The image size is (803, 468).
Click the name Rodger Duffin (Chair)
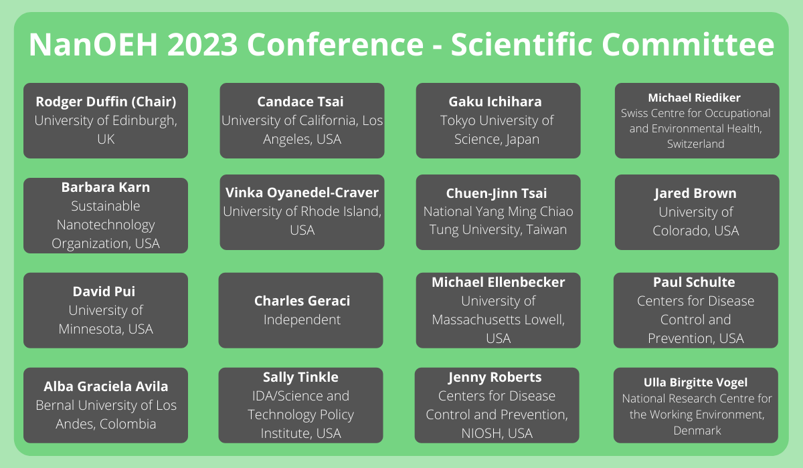[106, 102]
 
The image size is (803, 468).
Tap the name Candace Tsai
[300, 102]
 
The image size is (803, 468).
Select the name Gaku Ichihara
[495, 102]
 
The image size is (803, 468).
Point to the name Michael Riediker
[694, 98]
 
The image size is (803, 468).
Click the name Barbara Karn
[106, 187]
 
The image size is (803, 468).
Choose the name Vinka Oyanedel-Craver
[302, 193]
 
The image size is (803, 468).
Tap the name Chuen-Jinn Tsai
[496, 193]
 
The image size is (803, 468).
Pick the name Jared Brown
[695, 193]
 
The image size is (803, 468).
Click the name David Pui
[104, 291]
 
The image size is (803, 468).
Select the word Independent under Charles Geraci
[302, 320]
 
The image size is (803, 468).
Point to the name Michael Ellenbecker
[498, 282]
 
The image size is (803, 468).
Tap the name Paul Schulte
[694, 282]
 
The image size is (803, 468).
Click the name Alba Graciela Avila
[106, 386]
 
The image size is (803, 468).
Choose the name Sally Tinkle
[300, 377]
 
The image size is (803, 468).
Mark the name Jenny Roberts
[495, 377]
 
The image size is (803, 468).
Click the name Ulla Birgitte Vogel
[695, 383]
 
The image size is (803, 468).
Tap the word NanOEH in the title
[93, 44]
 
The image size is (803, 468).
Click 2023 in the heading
[203, 44]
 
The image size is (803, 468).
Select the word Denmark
[697, 431]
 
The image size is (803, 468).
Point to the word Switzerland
[695, 144]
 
